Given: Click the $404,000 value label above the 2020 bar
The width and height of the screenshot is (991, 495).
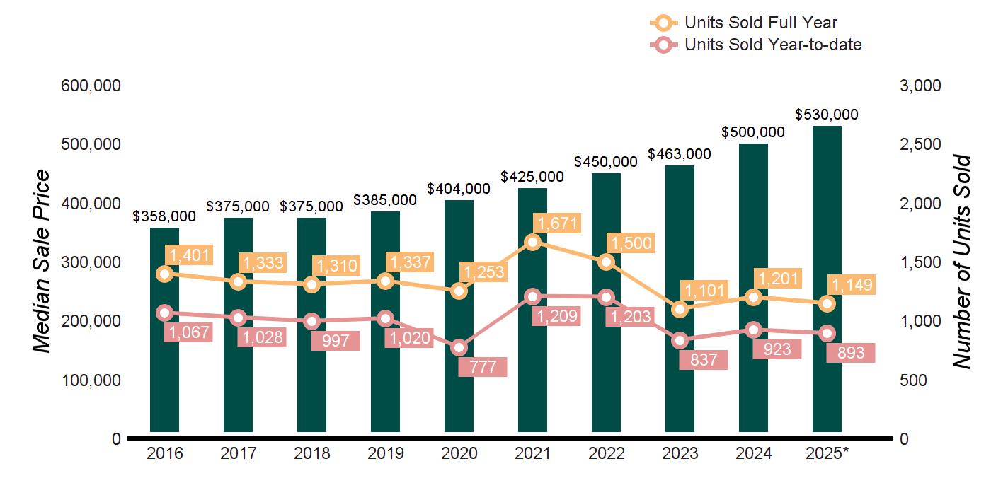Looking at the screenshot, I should (459, 189).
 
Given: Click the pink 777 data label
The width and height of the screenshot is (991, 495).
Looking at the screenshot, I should (482, 367).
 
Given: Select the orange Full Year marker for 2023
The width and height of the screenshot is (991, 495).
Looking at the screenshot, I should (680, 309).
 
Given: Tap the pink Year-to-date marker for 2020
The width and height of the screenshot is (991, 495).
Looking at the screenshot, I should (459, 347).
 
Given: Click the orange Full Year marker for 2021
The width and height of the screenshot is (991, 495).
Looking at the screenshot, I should (533, 242).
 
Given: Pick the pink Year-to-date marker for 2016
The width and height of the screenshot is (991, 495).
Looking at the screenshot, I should (164, 313).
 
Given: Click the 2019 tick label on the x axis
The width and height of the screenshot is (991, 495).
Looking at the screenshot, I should (385, 453).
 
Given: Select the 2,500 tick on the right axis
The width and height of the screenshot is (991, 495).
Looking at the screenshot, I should (920, 144).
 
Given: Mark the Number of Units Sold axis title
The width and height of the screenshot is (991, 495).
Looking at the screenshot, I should (961, 262).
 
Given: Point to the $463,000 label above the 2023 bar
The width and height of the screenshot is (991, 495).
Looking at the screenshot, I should (680, 154).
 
